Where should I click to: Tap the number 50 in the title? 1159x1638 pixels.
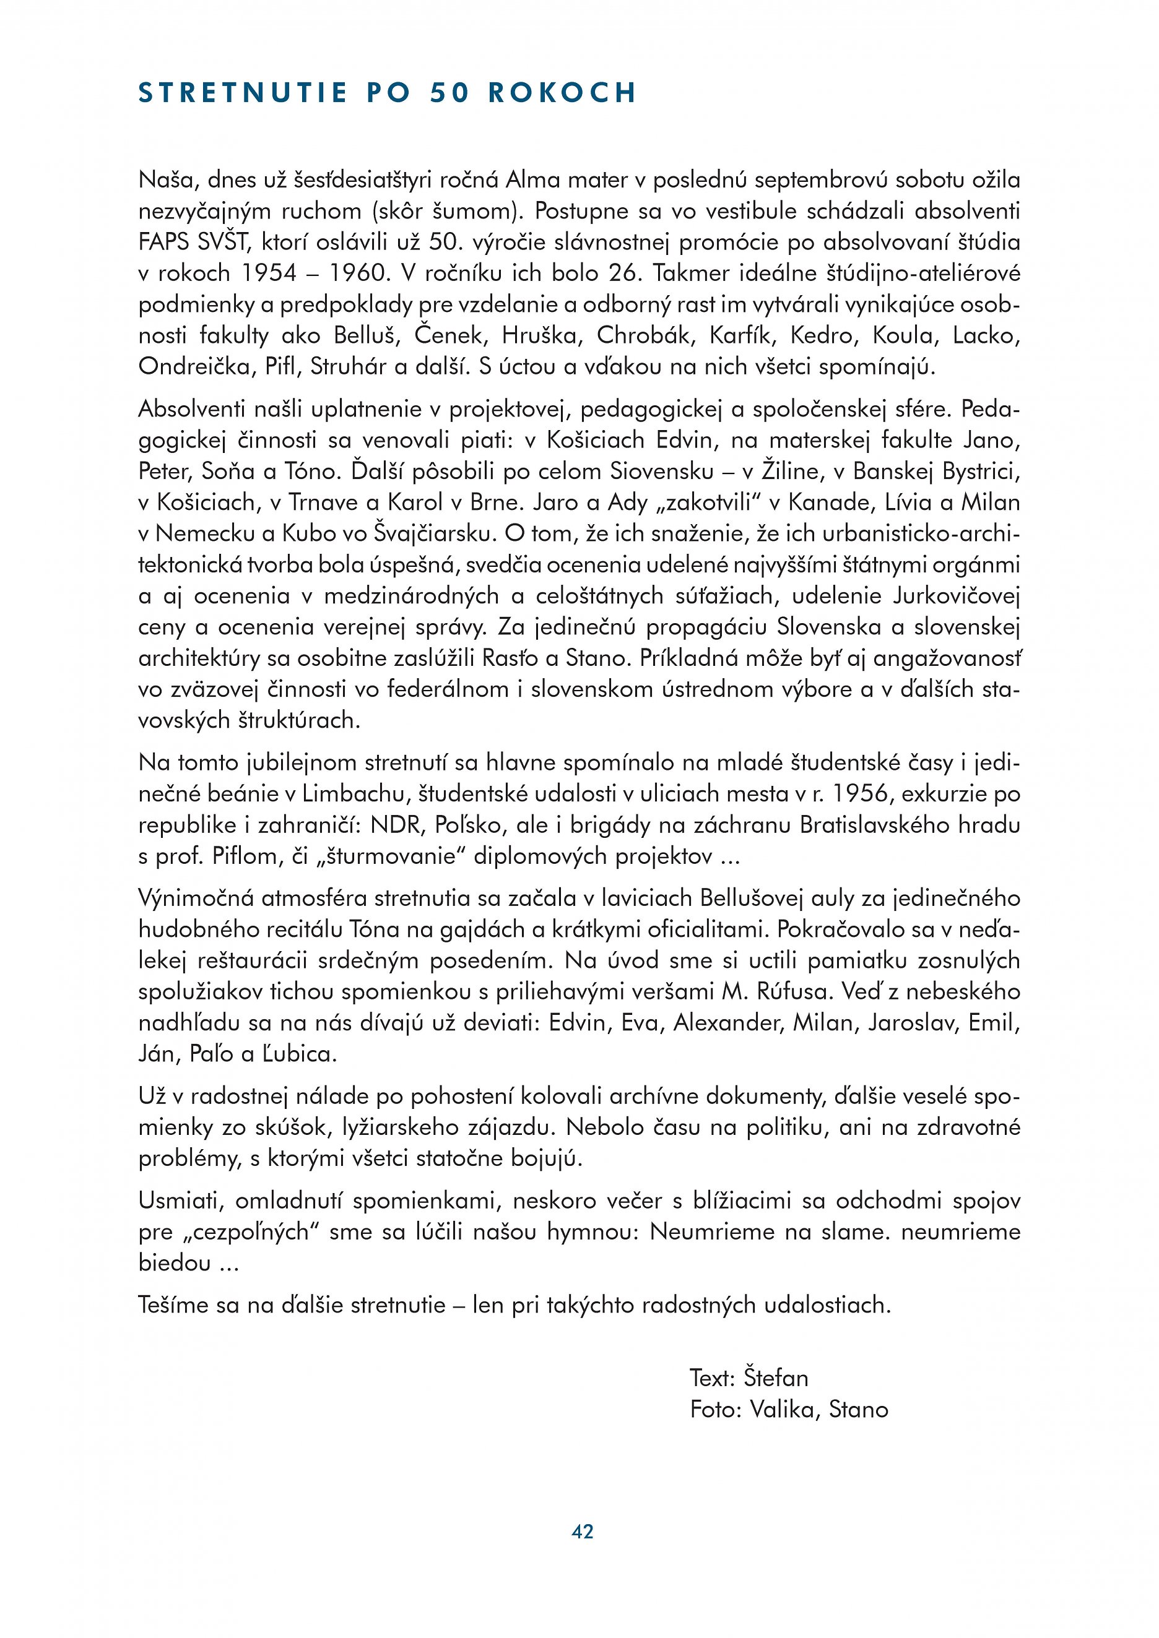[449, 93]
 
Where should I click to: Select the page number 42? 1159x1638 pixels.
[583, 1532]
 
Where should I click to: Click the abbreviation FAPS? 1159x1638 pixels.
[165, 243]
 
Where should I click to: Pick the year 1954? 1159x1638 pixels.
[267, 274]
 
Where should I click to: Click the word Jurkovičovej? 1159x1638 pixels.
[957, 597]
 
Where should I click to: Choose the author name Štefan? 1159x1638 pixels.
[776, 1378]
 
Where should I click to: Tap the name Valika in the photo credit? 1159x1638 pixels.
[781, 1410]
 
